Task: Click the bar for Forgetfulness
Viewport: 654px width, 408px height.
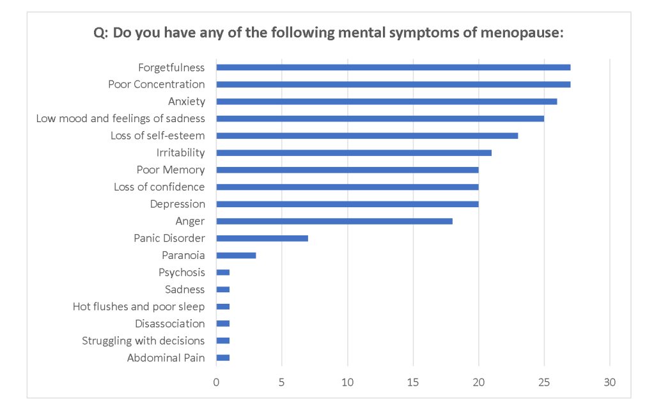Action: click(393, 67)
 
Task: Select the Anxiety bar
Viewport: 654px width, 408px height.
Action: click(386, 101)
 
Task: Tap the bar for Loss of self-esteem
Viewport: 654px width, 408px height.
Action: click(367, 136)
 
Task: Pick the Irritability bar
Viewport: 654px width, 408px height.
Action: click(354, 153)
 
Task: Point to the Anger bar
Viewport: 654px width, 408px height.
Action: click(334, 221)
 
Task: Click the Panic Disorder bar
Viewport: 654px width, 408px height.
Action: click(262, 238)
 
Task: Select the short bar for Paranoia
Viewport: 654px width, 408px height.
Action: click(236, 255)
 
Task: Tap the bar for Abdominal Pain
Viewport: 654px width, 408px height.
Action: click(223, 357)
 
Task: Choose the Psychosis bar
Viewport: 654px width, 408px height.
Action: click(223, 272)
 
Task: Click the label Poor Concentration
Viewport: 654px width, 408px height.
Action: click(156, 84)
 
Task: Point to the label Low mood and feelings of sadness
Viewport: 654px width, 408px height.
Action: click(120, 118)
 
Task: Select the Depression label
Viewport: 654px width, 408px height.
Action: click(177, 204)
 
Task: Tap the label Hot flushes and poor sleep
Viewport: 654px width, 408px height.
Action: click(139, 306)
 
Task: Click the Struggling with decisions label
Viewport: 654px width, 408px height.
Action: click(143, 341)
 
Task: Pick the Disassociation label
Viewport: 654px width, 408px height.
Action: click(169, 324)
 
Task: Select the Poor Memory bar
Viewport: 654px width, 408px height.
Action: click(347, 170)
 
